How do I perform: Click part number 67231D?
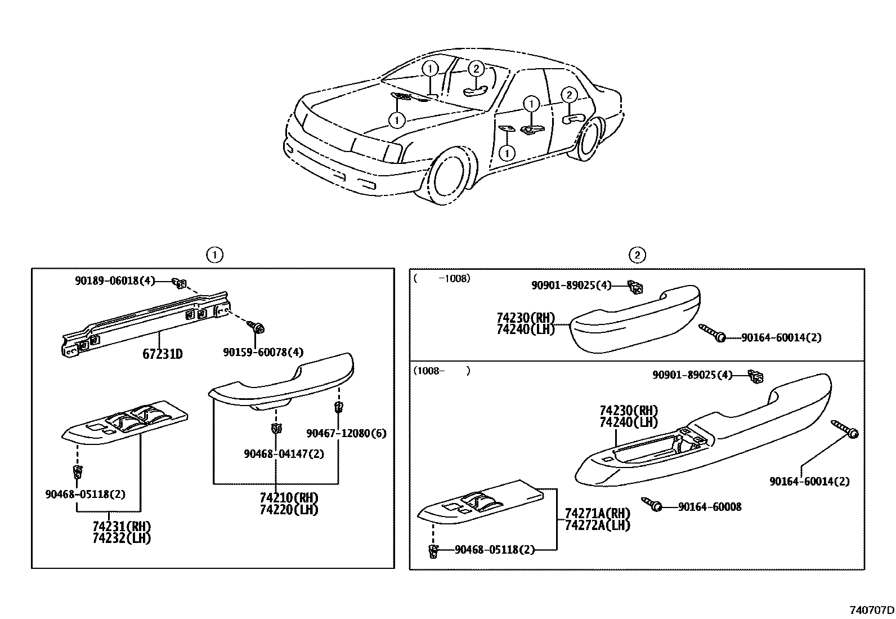coord(162,354)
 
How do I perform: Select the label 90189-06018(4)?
coord(114,280)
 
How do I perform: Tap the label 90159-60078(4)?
coord(263,352)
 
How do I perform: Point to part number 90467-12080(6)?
coord(346,433)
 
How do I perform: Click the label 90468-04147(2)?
coord(284,453)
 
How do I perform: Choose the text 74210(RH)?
coord(289,498)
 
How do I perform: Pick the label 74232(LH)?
coord(122,537)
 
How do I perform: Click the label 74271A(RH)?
coord(597,514)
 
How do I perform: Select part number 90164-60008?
coord(709,507)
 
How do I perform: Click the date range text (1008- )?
coord(441,371)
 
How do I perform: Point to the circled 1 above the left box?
coord(214,255)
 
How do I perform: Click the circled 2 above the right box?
coord(637,255)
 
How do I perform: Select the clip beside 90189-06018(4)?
coord(181,282)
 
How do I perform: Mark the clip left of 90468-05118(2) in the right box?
coord(433,551)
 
